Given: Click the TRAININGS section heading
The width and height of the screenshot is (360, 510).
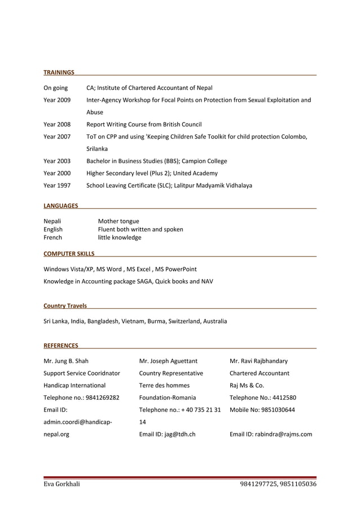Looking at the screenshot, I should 59,72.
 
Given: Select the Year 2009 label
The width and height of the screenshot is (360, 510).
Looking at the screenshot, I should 57,100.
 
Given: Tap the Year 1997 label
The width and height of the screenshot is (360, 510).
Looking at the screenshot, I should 57,185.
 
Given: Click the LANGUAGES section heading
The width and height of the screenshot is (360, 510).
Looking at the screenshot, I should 61,206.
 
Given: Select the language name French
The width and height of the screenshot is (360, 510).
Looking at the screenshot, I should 53,238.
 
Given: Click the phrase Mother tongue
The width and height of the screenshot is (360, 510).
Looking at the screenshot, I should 118,221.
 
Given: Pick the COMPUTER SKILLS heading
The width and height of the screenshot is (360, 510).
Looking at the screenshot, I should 69,254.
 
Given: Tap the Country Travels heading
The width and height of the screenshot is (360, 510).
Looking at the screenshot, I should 65,306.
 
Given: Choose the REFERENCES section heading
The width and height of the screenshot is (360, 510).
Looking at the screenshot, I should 61,345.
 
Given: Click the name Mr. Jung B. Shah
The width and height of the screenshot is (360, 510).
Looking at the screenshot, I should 66,361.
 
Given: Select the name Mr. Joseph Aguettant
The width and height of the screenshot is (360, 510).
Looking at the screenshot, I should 168,361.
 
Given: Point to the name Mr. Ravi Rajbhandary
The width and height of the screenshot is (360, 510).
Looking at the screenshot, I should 258,361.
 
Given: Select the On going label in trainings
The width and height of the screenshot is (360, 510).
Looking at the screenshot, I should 55,88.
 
